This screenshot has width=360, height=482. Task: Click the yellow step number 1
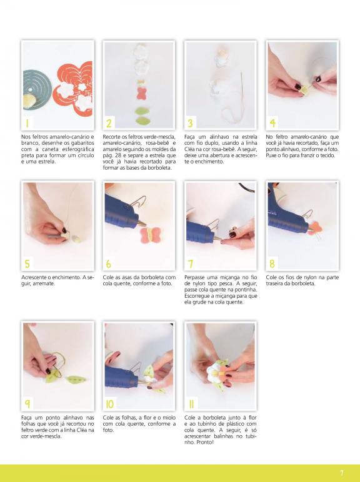point(27,123)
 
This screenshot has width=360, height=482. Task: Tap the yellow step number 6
point(108,263)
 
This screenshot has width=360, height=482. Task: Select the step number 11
point(191,404)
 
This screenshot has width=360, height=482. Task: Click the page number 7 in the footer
point(341,473)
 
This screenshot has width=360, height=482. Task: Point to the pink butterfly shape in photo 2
point(141,93)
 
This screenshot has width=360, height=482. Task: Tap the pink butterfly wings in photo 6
point(151,235)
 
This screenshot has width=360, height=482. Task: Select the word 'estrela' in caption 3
point(249,137)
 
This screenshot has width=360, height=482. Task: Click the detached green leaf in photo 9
point(75,380)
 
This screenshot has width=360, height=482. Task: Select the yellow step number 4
point(272,123)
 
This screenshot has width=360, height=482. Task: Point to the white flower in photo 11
point(213,372)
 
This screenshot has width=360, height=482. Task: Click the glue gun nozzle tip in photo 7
point(219,240)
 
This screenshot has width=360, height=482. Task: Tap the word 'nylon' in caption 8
point(310,278)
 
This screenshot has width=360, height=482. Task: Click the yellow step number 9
point(27,404)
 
